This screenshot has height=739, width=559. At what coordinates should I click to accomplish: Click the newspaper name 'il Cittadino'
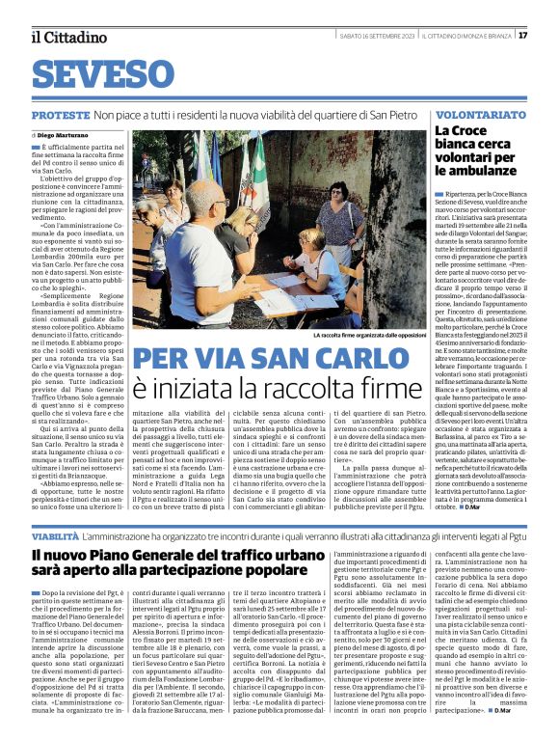pos(67,37)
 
